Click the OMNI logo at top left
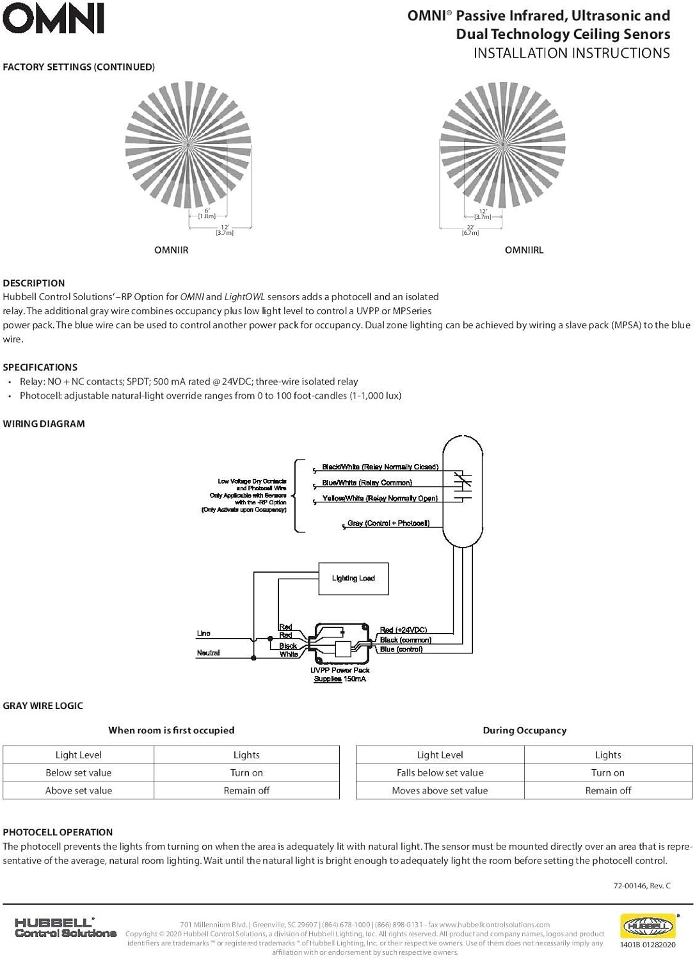tap(54, 19)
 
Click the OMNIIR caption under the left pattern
tap(172, 250)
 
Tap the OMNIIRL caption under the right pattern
tap(524, 250)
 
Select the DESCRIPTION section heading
tap(34, 283)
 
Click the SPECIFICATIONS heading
tap(40, 367)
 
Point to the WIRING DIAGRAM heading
tap(44, 424)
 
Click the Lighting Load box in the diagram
tap(353, 579)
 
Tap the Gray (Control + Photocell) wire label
tap(388, 524)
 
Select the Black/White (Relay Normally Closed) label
tap(380, 467)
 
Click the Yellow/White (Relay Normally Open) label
tap(380, 499)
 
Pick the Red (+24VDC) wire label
tap(403, 630)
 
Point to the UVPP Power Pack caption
tap(340, 671)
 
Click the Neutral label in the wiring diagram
tap(208, 653)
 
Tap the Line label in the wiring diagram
tap(204, 634)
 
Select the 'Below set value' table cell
tap(79, 773)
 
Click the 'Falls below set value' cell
tap(440, 773)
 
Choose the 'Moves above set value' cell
tap(440, 791)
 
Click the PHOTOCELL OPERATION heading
tap(58, 832)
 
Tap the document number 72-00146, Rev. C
tap(642, 886)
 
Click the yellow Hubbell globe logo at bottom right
tap(648, 926)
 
